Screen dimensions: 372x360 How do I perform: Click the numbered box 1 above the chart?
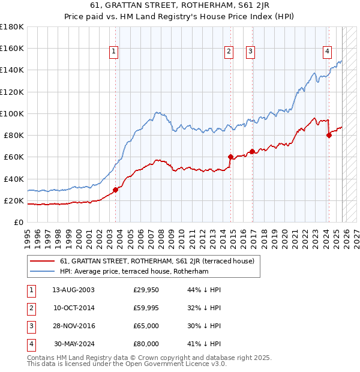point(114,52)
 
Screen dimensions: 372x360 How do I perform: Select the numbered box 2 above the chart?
point(229,52)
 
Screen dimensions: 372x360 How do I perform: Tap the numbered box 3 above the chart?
point(250,52)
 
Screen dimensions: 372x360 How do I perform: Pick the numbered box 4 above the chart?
point(327,52)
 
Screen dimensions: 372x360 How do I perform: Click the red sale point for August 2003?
point(116,189)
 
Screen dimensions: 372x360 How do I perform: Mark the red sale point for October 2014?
point(230,157)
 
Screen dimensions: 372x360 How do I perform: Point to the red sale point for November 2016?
point(252,151)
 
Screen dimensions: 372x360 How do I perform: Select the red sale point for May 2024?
point(329,135)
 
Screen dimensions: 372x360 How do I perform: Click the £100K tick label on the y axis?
point(11,113)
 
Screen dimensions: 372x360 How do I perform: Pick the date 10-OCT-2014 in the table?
point(73,308)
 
